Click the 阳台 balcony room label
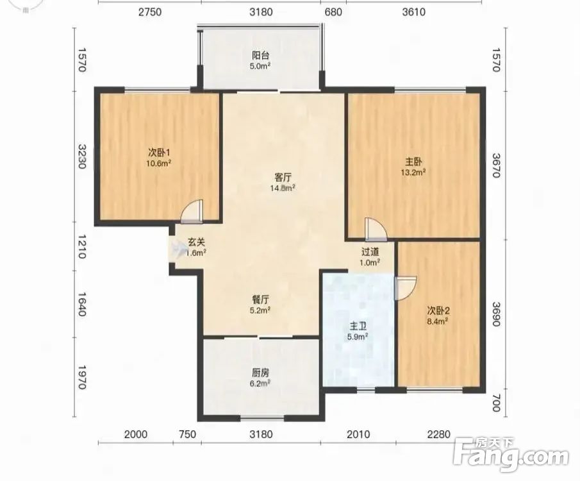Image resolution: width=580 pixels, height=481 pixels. [261, 56]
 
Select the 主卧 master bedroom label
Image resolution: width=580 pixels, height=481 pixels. [413, 162]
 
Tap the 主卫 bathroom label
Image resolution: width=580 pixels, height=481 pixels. [358, 326]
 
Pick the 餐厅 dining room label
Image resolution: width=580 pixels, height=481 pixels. [260, 299]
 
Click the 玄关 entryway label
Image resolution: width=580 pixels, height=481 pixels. [196, 242]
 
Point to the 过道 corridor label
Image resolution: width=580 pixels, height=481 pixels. [370, 252]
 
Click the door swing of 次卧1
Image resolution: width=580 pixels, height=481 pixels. [192, 212]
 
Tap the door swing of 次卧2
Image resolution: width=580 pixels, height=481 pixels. [406, 288]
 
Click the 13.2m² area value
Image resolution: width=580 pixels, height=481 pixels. [413, 172]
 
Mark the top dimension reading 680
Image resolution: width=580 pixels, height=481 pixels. [333, 12]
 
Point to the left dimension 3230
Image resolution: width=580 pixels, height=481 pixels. [82, 156]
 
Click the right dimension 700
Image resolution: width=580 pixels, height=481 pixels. [497, 403]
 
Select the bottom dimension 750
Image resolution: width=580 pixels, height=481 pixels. [187, 434]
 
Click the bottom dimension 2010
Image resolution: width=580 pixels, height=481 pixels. [358, 434]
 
